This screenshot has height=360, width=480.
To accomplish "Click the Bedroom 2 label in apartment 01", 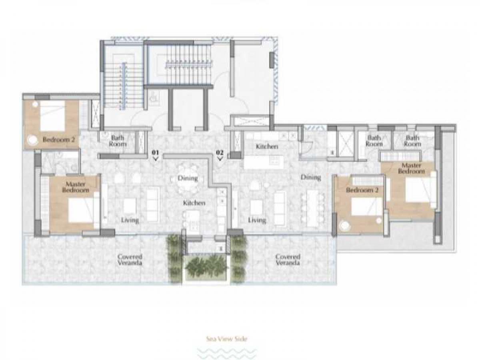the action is pos(59,140).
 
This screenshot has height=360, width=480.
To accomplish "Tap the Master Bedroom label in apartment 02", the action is pos(411,168).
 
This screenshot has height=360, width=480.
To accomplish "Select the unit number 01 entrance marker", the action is pos(156,155).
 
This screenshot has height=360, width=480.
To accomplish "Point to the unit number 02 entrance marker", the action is pos(220,155).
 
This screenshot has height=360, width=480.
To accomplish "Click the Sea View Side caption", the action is pos(227,339).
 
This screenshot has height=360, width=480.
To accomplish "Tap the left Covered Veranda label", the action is pos(130,260).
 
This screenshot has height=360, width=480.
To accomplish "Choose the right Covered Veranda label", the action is pos(288,260).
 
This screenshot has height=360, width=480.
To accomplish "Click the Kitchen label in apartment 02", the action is pos(267,146).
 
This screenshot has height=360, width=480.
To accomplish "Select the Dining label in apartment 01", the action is pos(188,178).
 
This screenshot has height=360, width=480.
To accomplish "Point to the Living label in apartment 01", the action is pos(130,220).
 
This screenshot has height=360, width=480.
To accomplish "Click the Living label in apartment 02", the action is pos(257,220).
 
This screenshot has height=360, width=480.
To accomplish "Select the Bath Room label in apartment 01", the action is pos(118,140).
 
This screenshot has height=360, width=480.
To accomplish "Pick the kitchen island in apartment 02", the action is pos(264,161).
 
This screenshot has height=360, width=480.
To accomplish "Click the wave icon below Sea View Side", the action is pos(227,353).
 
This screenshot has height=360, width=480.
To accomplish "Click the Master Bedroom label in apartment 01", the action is pos(76,187).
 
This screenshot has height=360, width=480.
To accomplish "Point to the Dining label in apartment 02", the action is pos(311,177).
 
